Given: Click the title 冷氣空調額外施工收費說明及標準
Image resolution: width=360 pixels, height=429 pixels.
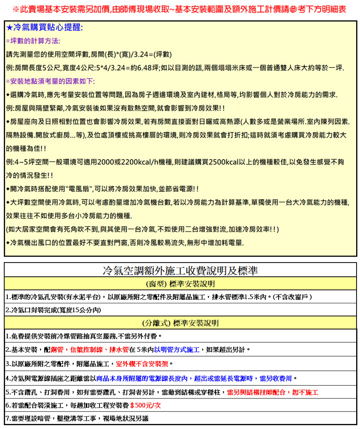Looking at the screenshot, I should click(180, 271).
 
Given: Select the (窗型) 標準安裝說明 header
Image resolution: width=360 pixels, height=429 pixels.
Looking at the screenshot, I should click(180, 284).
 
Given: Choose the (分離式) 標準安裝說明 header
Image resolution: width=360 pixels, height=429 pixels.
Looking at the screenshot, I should click(180, 323).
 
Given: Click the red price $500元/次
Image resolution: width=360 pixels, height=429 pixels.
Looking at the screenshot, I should click(145, 405).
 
